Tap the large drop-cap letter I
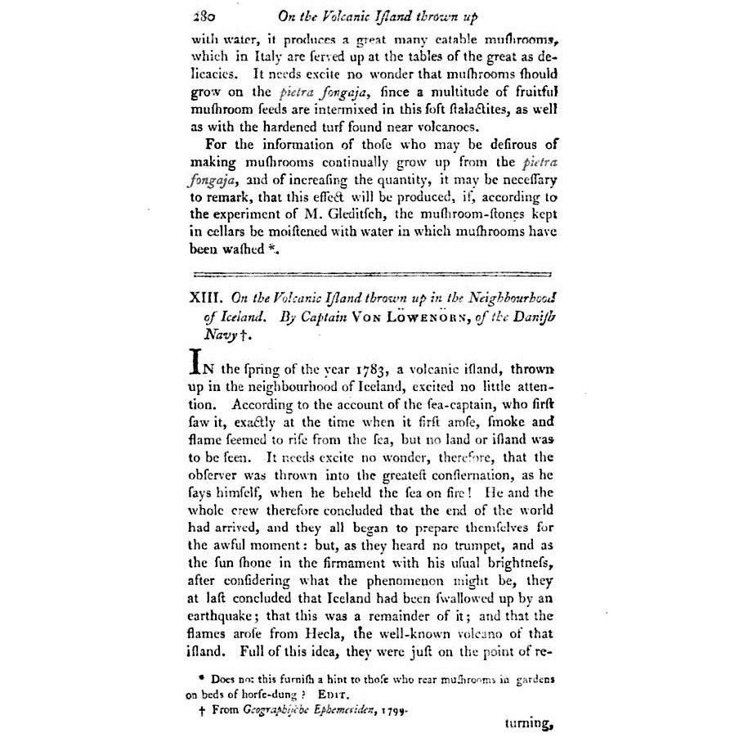195,362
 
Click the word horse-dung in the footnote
282,694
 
